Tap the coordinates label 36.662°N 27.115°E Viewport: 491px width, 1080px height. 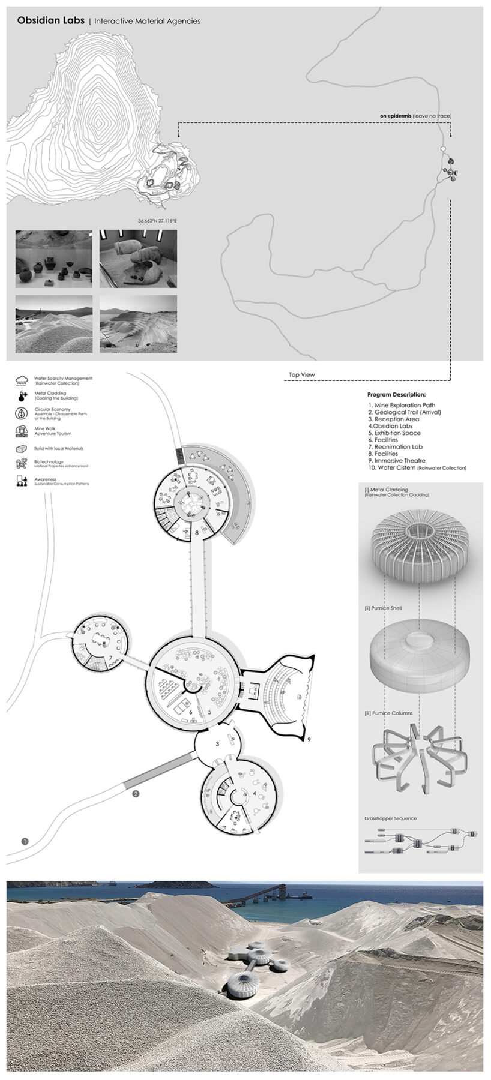(157, 221)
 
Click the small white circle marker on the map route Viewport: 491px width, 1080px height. (443, 148)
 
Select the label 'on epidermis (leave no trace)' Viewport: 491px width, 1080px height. (415, 116)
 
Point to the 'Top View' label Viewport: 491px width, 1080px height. (301, 375)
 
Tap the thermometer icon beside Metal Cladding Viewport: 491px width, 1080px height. (22, 396)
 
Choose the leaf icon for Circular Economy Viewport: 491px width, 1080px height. (22, 413)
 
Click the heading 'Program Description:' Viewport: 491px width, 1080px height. (396, 395)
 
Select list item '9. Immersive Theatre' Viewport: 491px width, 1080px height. (397, 461)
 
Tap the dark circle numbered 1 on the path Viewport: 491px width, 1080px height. (25, 841)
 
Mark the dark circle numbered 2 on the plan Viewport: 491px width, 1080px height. (136, 794)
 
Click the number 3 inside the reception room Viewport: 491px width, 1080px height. (218, 744)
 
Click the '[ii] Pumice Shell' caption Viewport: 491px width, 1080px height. (383, 608)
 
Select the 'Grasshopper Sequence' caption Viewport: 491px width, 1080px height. (390, 818)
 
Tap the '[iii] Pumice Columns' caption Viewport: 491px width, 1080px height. (388, 713)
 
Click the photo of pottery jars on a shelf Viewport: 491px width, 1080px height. (54, 259)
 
